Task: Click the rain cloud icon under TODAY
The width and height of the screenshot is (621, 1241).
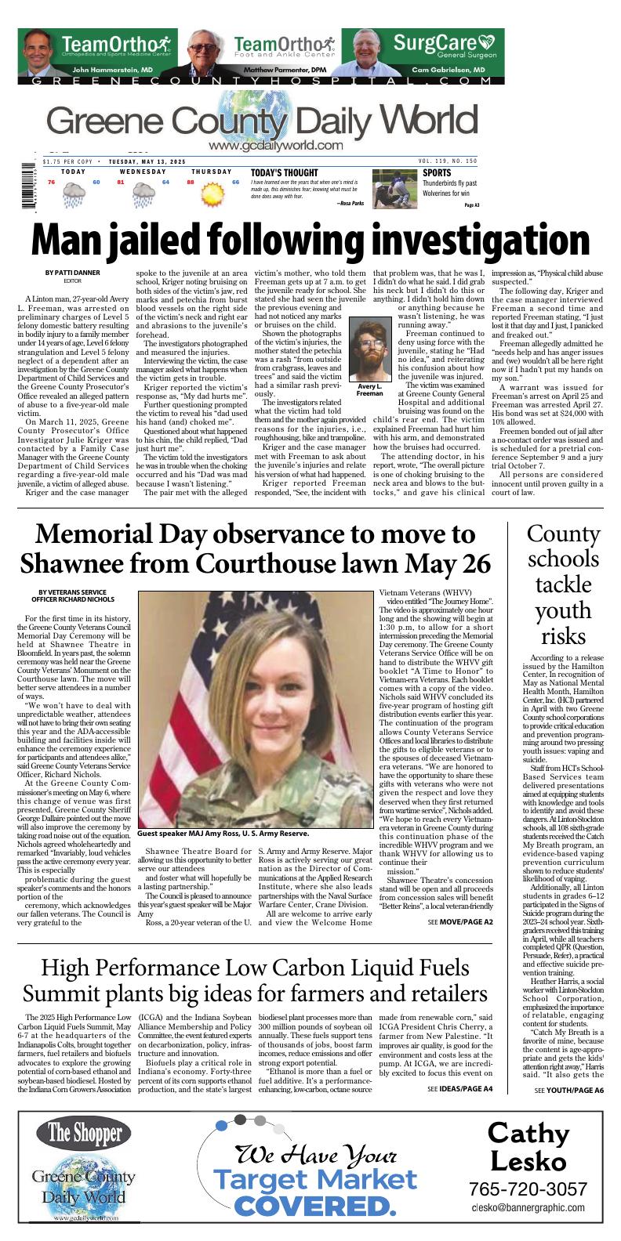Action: tap(74, 194)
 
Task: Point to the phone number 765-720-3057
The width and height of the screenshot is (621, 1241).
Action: tap(528, 1189)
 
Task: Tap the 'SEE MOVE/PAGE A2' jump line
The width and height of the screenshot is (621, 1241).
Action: tap(460, 922)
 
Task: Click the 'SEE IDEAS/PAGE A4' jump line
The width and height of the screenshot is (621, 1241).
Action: tap(460, 1089)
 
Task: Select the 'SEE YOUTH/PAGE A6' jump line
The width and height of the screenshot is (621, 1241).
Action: tap(568, 1090)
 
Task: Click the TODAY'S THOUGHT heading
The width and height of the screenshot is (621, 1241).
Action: tap(285, 173)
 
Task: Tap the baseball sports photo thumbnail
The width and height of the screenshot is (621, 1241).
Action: tap(394, 189)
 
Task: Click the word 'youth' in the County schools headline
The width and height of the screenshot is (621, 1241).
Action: tap(563, 610)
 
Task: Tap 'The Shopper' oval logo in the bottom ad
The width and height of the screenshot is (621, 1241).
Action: tap(83, 1133)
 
